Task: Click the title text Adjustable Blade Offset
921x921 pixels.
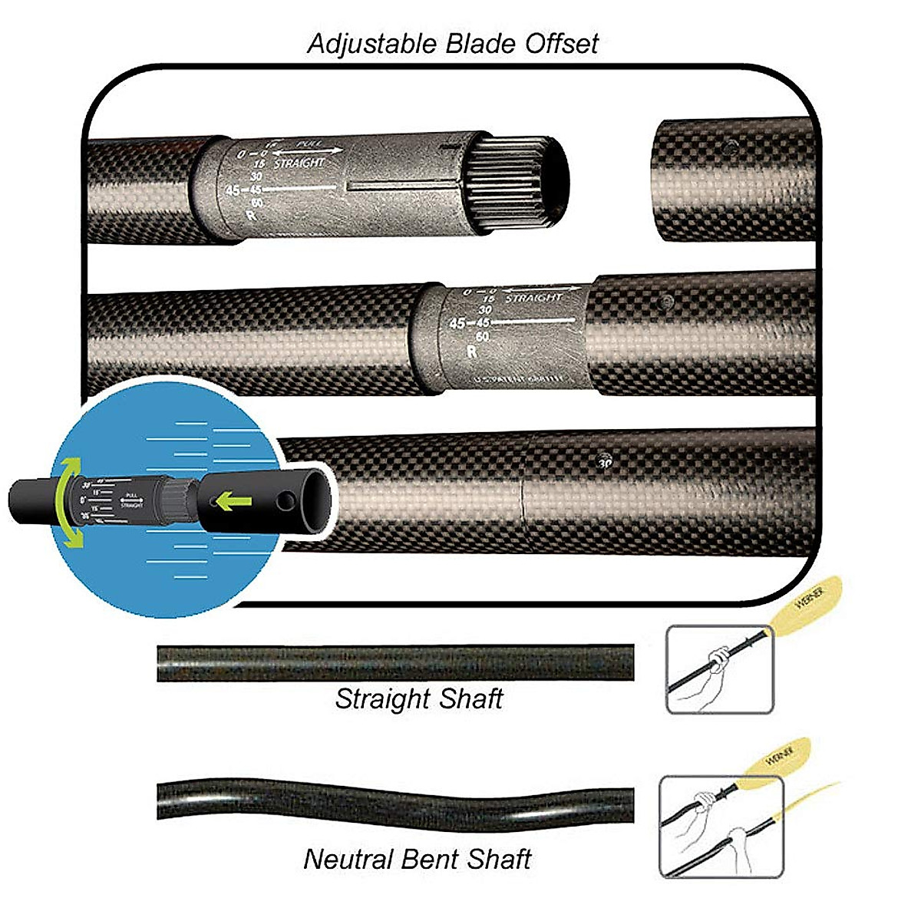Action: pyautogui.click(x=453, y=43)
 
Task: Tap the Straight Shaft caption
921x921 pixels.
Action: pyautogui.click(x=419, y=699)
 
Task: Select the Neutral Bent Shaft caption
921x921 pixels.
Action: pyautogui.click(x=418, y=859)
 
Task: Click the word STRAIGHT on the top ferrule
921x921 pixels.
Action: pyautogui.click(x=299, y=163)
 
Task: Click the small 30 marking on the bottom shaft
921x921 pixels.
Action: pyautogui.click(x=605, y=463)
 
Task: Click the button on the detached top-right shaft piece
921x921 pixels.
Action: pyautogui.click(x=729, y=145)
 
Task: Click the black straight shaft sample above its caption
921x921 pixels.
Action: pyautogui.click(x=395, y=663)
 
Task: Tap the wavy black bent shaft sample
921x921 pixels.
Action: pyautogui.click(x=395, y=800)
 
